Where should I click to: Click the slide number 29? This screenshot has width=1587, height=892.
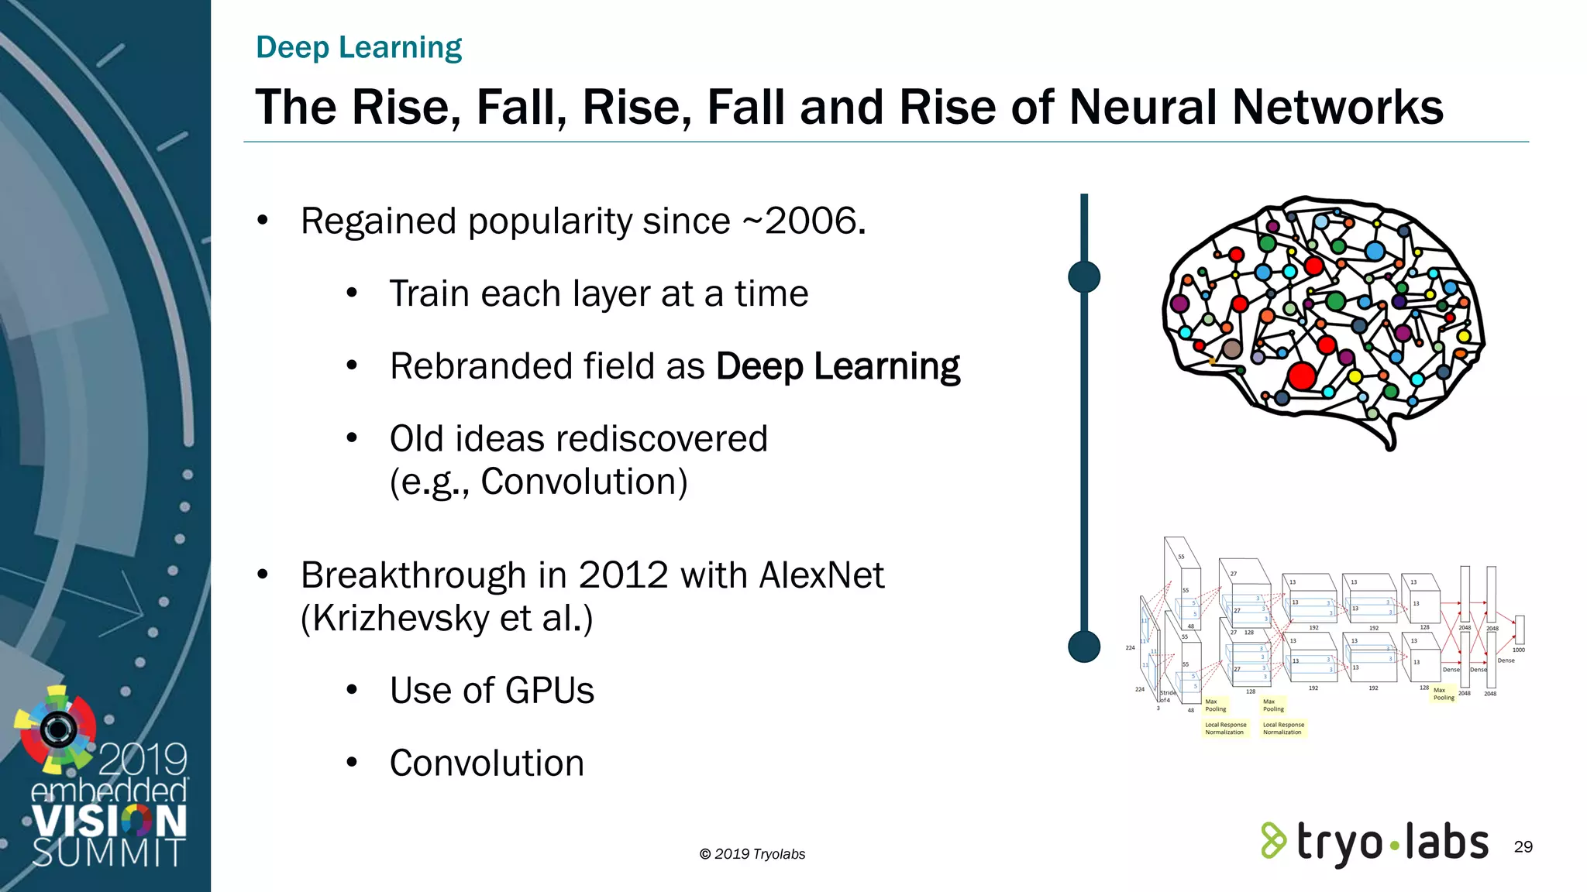tap(1523, 846)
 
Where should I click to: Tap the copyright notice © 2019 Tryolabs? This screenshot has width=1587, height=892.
tap(752, 854)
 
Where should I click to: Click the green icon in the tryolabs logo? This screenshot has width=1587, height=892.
tap(1273, 841)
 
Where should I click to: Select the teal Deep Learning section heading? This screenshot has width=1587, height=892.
tap(359, 47)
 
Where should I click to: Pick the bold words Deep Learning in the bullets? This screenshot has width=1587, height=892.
tap(838, 366)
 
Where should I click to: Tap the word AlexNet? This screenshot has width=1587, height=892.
tap(821, 575)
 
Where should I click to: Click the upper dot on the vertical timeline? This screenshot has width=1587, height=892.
tap(1084, 276)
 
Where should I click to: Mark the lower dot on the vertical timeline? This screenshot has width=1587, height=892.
tap(1084, 646)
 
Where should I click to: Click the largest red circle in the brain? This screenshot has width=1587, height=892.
tap(1302, 376)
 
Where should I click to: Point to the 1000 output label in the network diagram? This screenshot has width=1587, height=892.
tap(1518, 650)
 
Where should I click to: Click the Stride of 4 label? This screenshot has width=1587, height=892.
tap(1167, 696)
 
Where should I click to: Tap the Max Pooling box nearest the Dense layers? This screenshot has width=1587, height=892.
tap(1443, 694)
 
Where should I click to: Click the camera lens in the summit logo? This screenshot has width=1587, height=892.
tap(58, 728)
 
